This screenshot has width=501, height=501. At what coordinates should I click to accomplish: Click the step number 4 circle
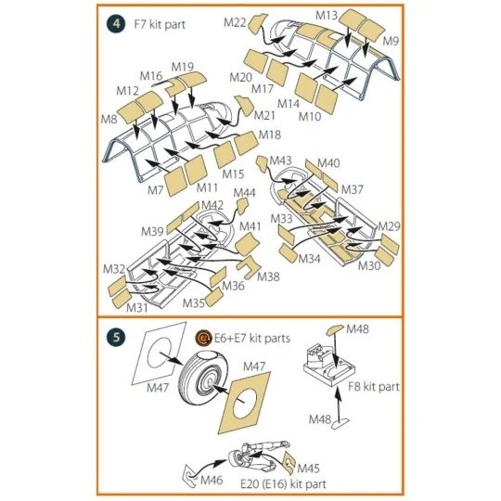point(116,24)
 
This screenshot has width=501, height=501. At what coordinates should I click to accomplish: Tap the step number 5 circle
point(116,337)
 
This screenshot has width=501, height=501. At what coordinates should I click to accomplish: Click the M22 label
point(235,22)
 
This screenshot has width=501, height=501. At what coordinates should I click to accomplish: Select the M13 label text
point(327,15)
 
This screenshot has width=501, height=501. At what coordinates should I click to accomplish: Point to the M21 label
point(264,115)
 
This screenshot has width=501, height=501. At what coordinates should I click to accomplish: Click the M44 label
point(244,193)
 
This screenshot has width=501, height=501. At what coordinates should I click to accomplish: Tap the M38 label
point(268,276)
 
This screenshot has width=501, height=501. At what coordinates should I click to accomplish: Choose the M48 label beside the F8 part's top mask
point(357,328)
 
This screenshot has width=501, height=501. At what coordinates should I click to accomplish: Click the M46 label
point(212,480)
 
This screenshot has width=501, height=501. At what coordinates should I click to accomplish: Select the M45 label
point(308,469)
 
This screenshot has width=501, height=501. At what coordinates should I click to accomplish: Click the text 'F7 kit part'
point(160,25)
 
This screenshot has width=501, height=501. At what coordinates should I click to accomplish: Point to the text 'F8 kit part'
point(374,387)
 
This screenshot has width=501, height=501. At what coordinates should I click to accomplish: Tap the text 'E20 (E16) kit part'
point(283,484)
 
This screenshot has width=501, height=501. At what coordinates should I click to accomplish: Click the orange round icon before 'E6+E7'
point(203,338)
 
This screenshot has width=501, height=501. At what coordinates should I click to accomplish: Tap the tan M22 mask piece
point(257,24)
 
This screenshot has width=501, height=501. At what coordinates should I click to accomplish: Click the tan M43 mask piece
point(263,163)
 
